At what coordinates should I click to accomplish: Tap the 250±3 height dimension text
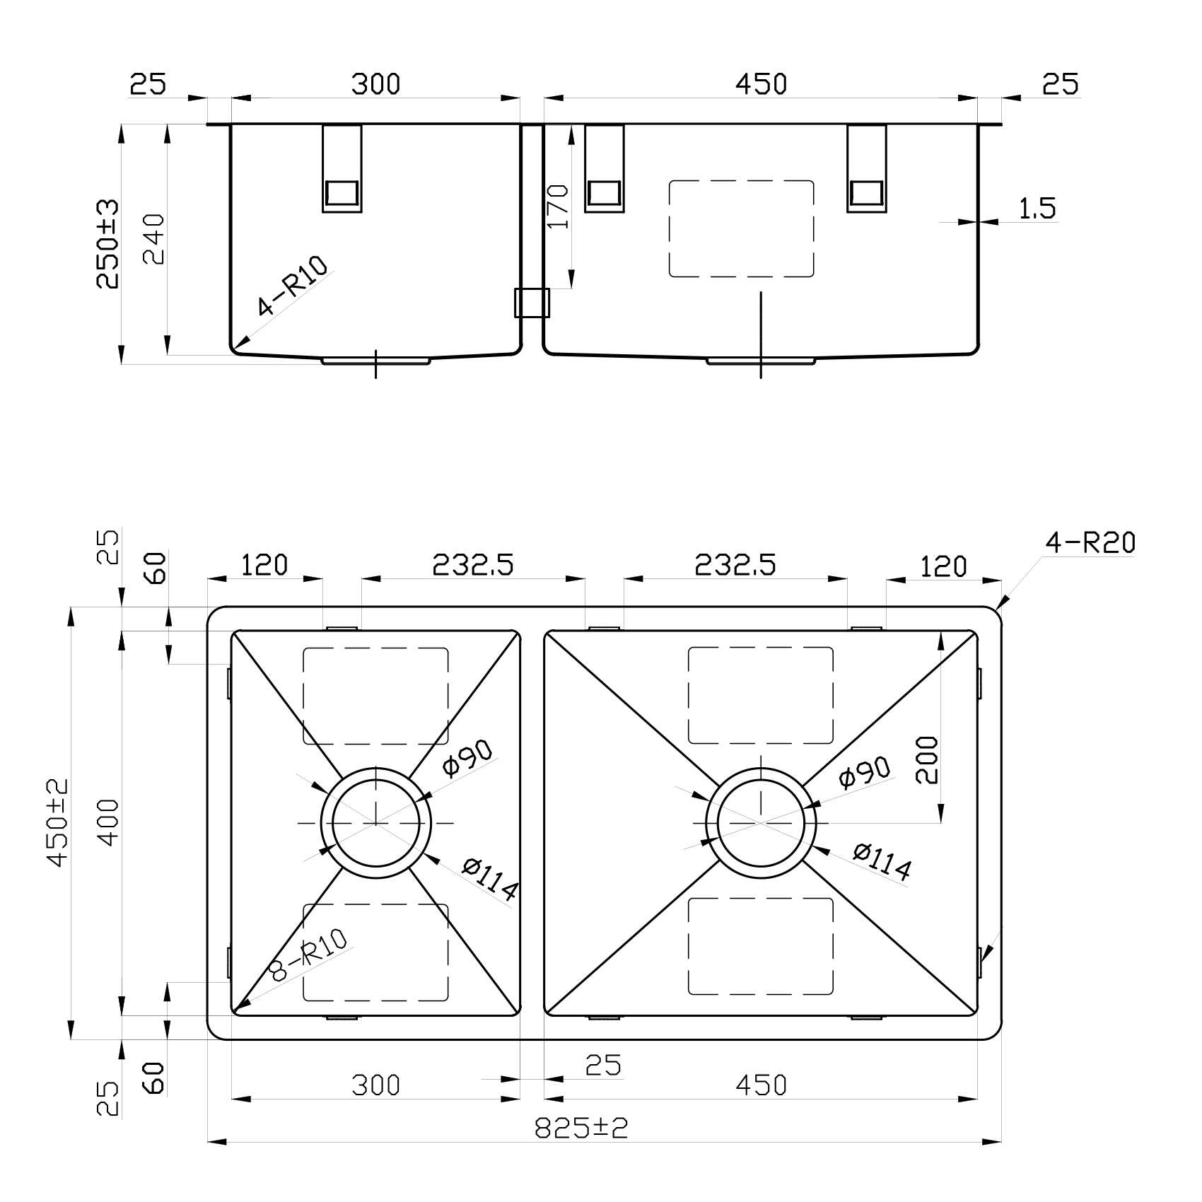[108, 244]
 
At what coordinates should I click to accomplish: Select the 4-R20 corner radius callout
[1090, 543]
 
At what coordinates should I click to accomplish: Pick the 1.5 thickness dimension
[1037, 209]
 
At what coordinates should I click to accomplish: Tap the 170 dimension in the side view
[559, 206]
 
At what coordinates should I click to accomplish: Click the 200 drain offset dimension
[926, 760]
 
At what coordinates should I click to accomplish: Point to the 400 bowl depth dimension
[108, 822]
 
